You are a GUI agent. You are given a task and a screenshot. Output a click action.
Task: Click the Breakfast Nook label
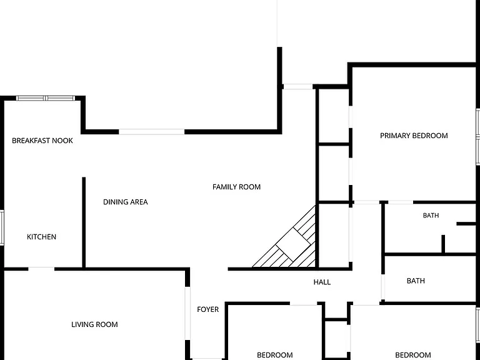click(x=42, y=141)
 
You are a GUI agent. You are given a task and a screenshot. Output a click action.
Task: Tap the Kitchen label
click(x=41, y=237)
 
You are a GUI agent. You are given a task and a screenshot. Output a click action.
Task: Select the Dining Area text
click(x=125, y=202)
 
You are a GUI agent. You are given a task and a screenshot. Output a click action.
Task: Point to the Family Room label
click(x=236, y=187)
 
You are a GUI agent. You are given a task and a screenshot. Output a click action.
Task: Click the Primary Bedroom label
click(x=414, y=136)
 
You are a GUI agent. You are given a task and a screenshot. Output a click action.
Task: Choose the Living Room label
click(x=94, y=324)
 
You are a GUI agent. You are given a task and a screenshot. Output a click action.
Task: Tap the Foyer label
click(x=208, y=309)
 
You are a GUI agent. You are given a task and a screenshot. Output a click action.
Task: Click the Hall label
click(x=322, y=282)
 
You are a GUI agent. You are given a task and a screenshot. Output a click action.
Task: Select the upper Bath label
click(x=431, y=216)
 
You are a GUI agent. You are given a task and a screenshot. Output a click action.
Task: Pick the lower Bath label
click(x=416, y=281)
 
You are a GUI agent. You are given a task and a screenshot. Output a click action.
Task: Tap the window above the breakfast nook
click(x=45, y=98)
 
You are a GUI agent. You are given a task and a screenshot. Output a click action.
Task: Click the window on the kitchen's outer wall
click(x=1, y=227)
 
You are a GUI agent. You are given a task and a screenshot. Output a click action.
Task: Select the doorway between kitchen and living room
click(x=41, y=269)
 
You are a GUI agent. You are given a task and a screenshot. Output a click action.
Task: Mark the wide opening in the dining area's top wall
click(x=151, y=132)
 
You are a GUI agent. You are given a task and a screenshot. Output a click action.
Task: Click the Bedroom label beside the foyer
click(x=274, y=355)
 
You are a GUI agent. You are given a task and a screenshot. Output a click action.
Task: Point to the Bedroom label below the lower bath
click(x=413, y=355)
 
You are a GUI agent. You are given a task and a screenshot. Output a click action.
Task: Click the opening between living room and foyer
click(x=187, y=313)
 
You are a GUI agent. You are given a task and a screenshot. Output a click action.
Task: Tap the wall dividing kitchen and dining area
click(x=84, y=222)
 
